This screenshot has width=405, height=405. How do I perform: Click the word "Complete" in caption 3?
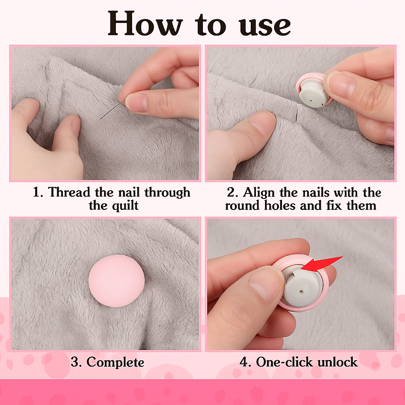[x=115, y=362]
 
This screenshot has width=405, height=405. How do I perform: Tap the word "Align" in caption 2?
[x=259, y=193]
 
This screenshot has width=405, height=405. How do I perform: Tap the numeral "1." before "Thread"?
[x=38, y=193]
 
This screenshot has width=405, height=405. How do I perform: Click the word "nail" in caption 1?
[x=129, y=193]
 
